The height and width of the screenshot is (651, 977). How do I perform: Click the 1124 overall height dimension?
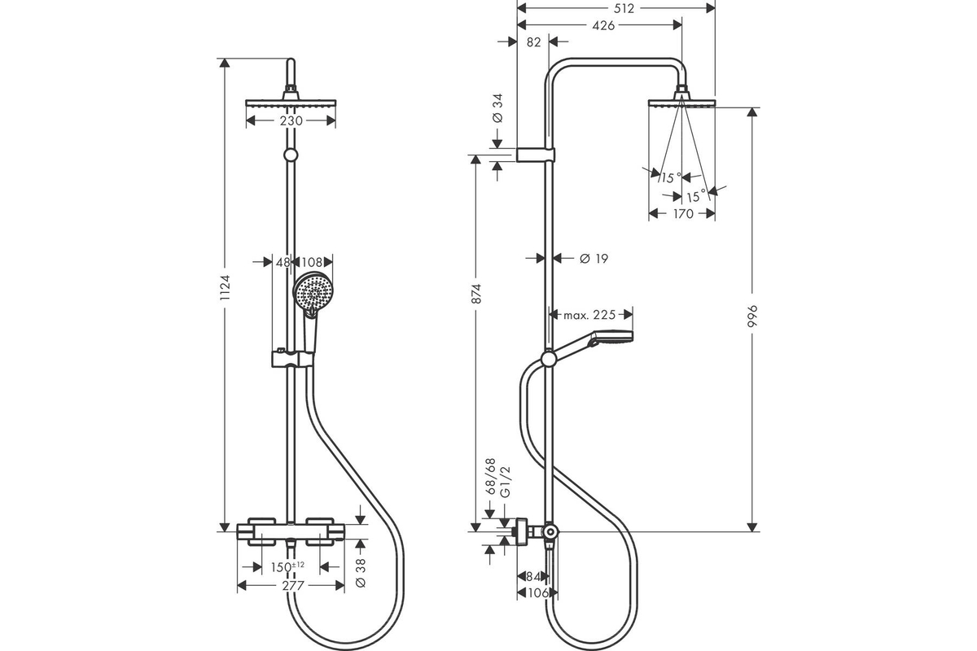[225, 288]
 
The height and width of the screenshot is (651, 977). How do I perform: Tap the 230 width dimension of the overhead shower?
[291, 120]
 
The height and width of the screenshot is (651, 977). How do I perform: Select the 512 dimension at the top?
[624, 8]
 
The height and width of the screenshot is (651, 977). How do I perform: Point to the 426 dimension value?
[603, 25]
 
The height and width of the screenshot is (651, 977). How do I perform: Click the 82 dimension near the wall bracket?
[533, 42]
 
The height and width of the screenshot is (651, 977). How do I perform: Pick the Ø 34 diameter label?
[497, 108]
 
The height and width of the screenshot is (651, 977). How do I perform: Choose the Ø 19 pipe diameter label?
[594, 259]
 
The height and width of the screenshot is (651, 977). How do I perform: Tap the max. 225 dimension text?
[589, 315]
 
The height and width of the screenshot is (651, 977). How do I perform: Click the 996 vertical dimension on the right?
[752, 316]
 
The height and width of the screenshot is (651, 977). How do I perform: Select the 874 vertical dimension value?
[477, 294]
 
